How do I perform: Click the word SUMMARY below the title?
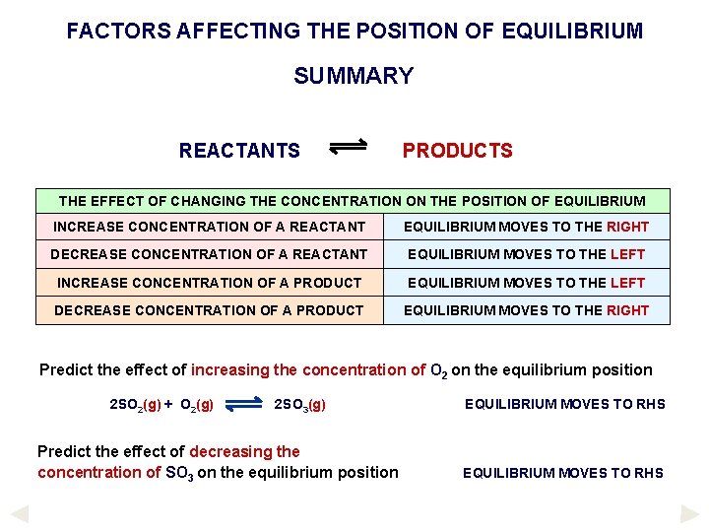[354, 76]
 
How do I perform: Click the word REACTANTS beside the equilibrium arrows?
[239, 151]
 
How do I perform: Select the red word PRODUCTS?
[457, 151]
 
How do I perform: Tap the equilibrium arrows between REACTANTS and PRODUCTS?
[348, 147]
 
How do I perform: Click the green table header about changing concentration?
[353, 201]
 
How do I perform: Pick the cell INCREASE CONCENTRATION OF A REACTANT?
[210, 227]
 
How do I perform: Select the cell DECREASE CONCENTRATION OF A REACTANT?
[209, 254]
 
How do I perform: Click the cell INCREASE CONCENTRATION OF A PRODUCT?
[210, 283]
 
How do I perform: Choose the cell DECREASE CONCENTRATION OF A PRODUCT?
[209, 310]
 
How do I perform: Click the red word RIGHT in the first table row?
[627, 227]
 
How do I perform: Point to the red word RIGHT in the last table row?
[627, 310]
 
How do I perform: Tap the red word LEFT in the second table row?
[627, 254]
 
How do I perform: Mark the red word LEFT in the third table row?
[627, 283]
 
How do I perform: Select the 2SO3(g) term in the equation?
[299, 404]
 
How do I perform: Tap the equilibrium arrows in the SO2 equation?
[243, 402]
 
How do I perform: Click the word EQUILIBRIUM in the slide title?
[571, 31]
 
